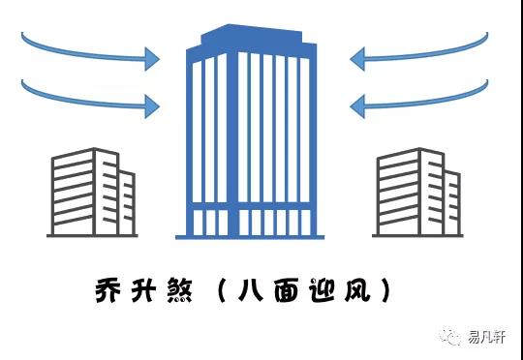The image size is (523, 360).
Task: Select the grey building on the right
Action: (x=417, y=194)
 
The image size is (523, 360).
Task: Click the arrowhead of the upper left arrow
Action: (x=151, y=59)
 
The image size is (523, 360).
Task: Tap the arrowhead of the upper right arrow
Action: (x=357, y=59)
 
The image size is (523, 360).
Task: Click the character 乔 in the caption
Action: (x=108, y=290)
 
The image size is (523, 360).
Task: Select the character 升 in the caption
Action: (x=146, y=290)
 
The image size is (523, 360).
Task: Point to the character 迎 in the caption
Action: (x=330, y=290)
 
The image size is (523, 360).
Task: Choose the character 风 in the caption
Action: (x=366, y=290)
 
